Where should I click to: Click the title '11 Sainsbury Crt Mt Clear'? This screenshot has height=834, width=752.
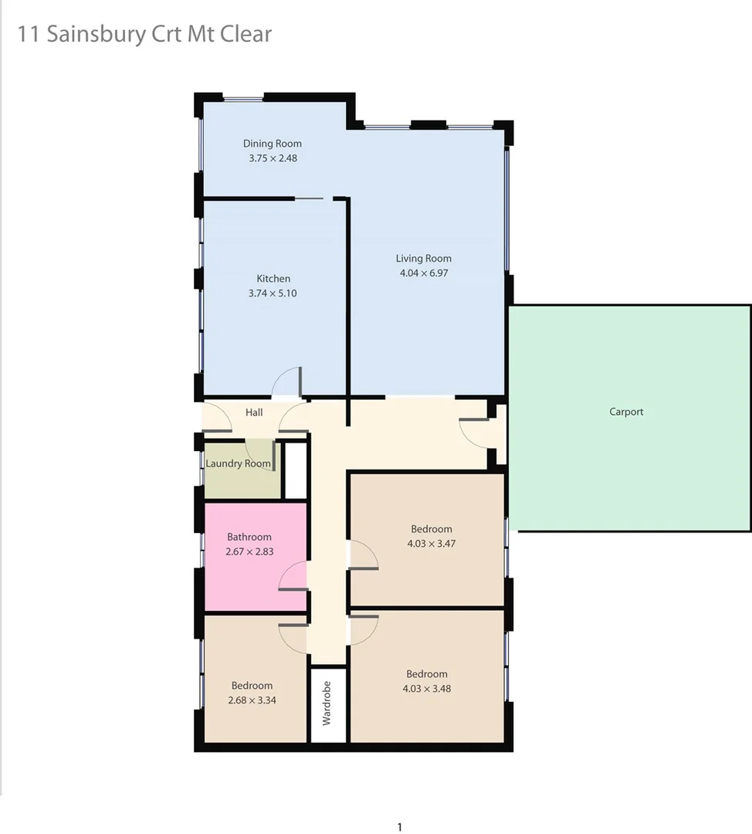tap(144, 35)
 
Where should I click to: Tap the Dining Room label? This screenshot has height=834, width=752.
tap(273, 144)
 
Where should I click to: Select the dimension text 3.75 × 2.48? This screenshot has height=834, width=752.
tap(273, 158)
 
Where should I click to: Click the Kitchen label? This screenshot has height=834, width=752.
tap(273, 279)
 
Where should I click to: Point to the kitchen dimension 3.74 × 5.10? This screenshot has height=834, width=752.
tap(273, 293)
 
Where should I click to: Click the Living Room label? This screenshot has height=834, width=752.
tap(424, 259)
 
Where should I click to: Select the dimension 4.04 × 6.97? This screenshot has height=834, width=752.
tap(424, 273)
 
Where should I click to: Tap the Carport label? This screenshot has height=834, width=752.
tap(626, 412)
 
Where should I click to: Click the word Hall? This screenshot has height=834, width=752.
tap(254, 412)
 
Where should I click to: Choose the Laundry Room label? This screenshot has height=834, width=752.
tap(238, 463)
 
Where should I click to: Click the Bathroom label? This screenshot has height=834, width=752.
tap(249, 537)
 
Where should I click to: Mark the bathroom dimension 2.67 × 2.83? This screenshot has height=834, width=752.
tap(249, 551)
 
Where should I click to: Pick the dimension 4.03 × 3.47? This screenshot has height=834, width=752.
tap(431, 543)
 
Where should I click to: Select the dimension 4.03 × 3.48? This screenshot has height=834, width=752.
tap(427, 688)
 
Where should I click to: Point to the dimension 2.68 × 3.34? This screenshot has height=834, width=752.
tap(252, 700)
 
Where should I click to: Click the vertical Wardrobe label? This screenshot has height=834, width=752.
tap(327, 703)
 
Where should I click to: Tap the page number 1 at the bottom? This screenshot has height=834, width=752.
tap(399, 827)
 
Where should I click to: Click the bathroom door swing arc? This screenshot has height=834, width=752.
tap(291, 575)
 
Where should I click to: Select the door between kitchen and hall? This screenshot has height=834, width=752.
tap(287, 383)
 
